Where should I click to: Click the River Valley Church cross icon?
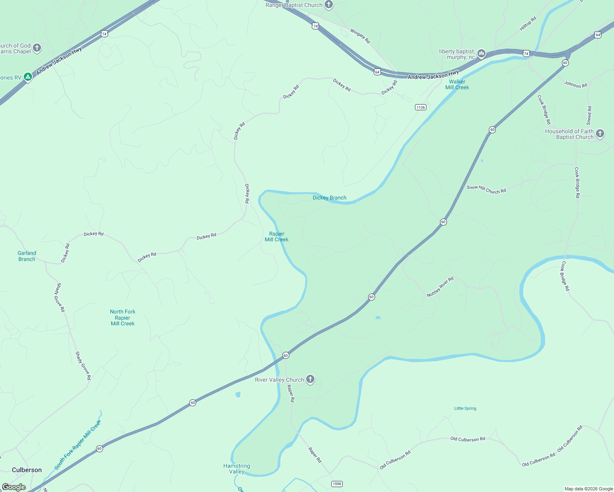[310, 379]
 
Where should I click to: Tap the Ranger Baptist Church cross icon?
[328, 5]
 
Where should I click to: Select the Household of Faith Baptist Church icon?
[600, 134]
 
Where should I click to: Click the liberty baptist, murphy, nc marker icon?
[481, 53]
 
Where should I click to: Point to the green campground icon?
[27, 77]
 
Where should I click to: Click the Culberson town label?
[27, 470]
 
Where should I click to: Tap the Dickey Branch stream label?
[329, 198]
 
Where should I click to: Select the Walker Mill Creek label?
[457, 84]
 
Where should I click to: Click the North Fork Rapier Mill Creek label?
[122, 318]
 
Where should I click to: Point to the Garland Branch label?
[27, 256]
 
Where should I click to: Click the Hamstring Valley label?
[236, 469]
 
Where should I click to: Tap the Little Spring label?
[465, 408]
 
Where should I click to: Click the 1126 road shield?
[420, 107]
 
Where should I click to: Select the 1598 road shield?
[337, 484]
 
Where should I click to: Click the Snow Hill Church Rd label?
[486, 189]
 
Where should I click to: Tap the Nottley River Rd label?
[440, 287]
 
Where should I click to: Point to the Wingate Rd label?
[360, 36]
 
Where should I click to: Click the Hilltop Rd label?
[528, 23]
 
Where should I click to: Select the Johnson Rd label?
[575, 84]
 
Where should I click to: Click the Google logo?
[14, 487]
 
